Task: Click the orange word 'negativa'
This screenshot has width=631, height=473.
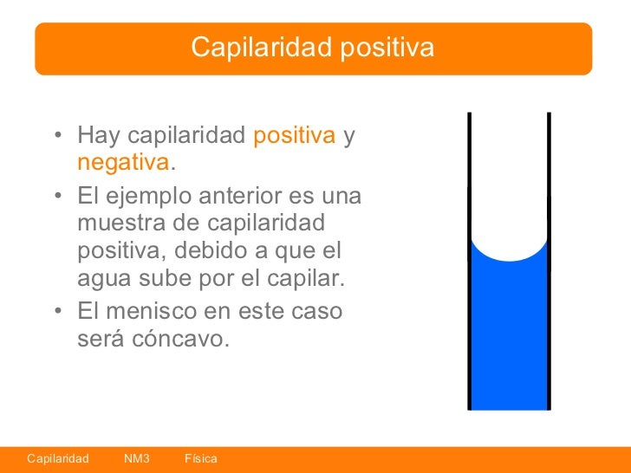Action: pyautogui.click(x=122, y=163)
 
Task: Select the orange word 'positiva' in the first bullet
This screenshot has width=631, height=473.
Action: pyautogui.click(x=294, y=135)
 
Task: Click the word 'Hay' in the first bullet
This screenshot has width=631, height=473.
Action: pyautogui.click(x=97, y=136)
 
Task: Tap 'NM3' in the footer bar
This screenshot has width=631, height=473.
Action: pyautogui.click(x=137, y=457)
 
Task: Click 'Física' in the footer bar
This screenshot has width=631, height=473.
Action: pyautogui.click(x=201, y=457)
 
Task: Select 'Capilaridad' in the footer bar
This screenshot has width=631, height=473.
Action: pyautogui.click(x=58, y=457)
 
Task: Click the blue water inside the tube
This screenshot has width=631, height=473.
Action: pyautogui.click(x=509, y=338)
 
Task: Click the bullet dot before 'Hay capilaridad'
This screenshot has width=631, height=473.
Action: pyautogui.click(x=56, y=137)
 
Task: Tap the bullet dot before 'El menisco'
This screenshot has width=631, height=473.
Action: pyautogui.click(x=56, y=311)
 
